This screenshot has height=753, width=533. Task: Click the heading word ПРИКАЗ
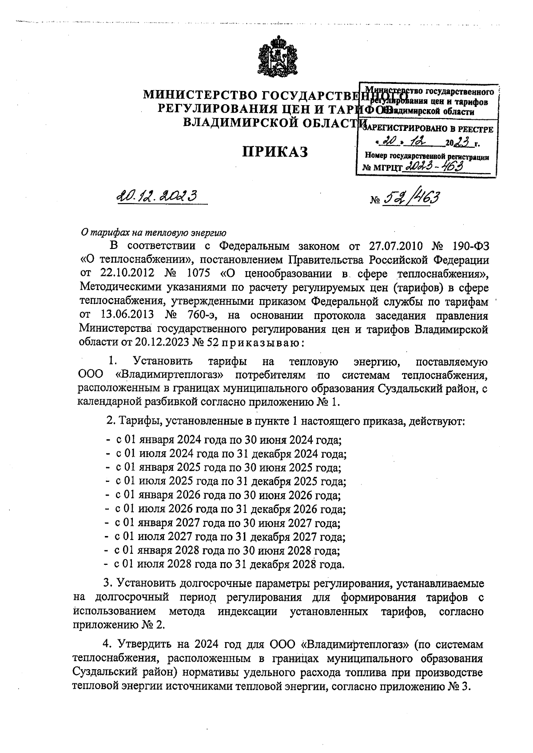click(274, 152)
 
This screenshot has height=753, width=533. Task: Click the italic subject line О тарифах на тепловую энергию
click(153, 232)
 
